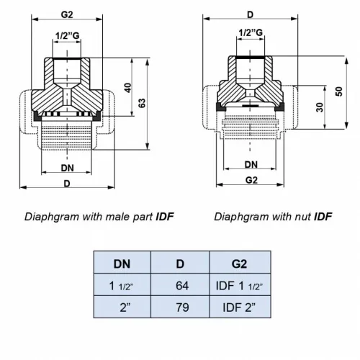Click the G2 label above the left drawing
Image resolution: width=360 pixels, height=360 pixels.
66,14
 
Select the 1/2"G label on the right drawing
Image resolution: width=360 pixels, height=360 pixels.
251,31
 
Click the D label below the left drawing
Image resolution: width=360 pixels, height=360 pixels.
66,184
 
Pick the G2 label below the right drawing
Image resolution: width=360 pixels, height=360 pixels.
251,180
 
